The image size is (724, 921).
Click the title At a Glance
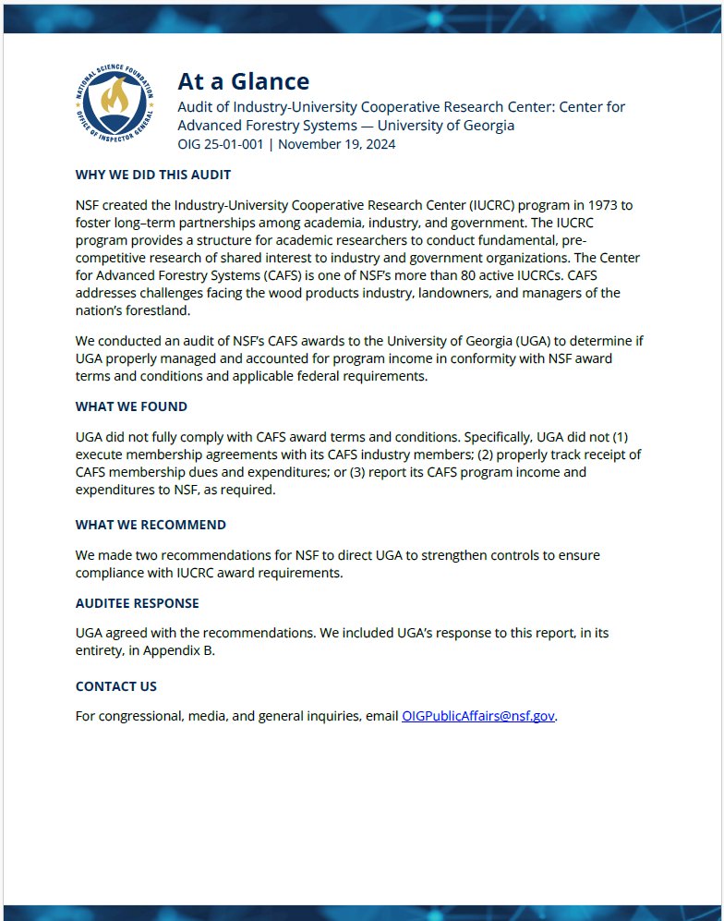pos(243,81)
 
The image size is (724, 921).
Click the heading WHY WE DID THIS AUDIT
pos(153,175)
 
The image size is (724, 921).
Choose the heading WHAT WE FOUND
pos(131,406)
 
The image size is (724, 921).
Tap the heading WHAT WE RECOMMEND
pos(151,525)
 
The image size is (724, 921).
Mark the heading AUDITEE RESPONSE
pos(137,603)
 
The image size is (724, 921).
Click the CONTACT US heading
pos(116,686)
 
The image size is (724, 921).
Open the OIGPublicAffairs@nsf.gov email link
pos(478,716)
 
